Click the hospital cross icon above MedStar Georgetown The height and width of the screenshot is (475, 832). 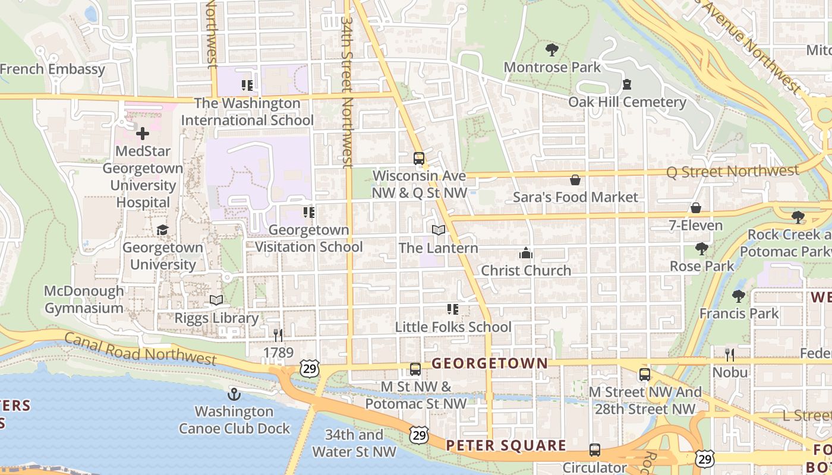[143, 134]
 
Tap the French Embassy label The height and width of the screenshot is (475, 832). [52, 69]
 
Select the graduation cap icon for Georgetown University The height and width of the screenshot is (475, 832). [162, 230]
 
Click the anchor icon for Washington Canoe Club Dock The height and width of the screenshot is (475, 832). [234, 394]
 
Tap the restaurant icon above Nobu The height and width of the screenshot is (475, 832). [730, 355]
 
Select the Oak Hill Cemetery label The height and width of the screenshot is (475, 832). [627, 102]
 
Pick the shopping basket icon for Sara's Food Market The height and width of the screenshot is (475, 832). [575, 180]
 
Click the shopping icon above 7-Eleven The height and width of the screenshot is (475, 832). [695, 208]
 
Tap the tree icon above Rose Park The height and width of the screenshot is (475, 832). [702, 248]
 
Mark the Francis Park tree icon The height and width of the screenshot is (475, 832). [739, 296]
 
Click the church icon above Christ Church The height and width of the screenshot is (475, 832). [525, 254]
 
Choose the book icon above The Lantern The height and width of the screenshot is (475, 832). [438, 230]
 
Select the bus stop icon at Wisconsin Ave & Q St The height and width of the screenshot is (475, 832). [419, 159]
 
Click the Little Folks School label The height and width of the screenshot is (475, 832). [453, 327]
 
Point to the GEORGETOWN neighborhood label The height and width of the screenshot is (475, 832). [490, 363]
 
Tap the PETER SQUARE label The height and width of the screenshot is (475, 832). [506, 445]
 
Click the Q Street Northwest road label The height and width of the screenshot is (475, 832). [732, 172]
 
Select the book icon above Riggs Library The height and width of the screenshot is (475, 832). [216, 300]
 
